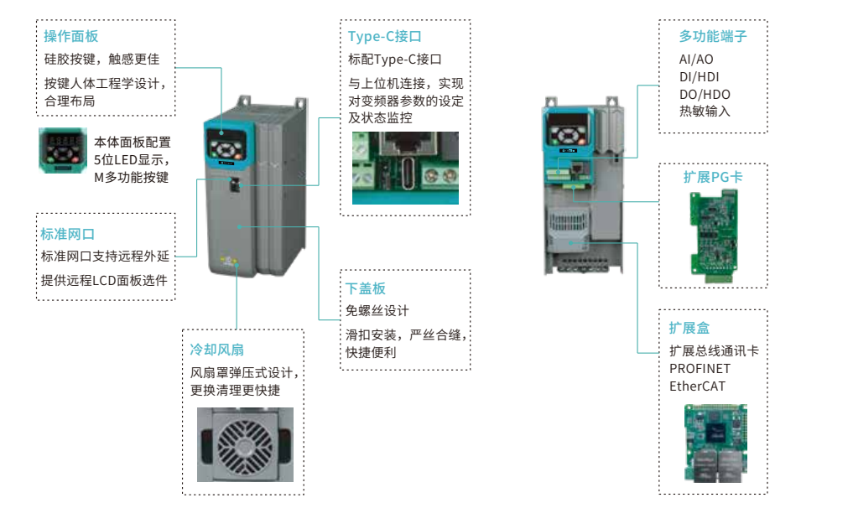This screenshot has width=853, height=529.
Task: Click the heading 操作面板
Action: pos(71,36)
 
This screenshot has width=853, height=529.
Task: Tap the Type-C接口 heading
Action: pos(384,36)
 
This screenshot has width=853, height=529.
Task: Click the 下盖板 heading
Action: pos(366,288)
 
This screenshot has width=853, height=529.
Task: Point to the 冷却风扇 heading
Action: pos(217,350)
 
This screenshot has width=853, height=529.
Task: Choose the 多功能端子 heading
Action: pos(713,36)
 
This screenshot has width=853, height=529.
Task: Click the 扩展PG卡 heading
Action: pos(713,178)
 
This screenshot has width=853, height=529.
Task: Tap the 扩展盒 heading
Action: pos(689,327)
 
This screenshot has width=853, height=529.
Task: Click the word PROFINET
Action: pos(700,369)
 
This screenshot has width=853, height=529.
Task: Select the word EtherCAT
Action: pos(697,386)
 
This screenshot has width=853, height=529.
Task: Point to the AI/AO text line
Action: pos(697,60)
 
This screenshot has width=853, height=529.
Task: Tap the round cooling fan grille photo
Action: pos(245,444)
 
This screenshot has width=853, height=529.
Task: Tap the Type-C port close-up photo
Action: pos(405,167)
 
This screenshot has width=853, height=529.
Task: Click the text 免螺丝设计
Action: pos(377,311)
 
